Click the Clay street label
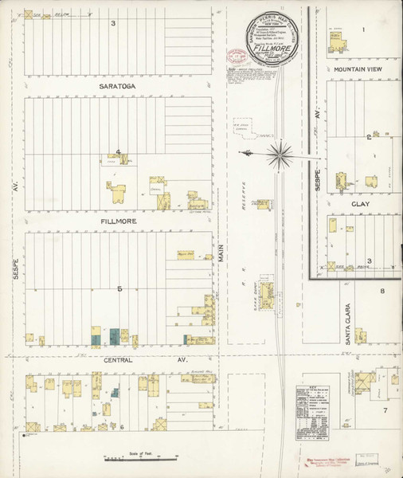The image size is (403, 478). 361,204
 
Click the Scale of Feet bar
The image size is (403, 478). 139,458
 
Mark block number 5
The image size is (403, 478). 119,288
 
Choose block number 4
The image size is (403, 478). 117,152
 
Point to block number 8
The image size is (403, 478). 382,292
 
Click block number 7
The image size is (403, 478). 384,410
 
